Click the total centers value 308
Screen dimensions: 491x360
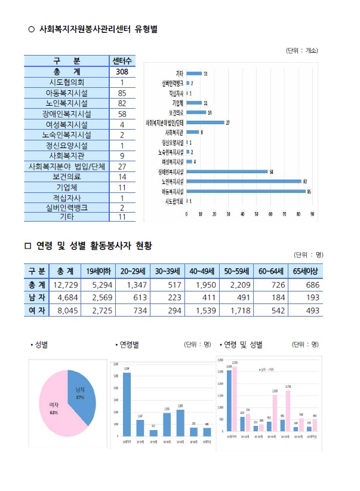pos(122,72)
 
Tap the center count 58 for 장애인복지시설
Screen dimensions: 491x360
pos(122,113)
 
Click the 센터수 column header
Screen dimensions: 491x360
pos(122,61)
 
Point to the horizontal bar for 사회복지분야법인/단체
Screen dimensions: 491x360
pos(206,122)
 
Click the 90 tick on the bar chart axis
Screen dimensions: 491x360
pos(312,213)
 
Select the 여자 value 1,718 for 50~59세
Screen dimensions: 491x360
pos(237,310)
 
